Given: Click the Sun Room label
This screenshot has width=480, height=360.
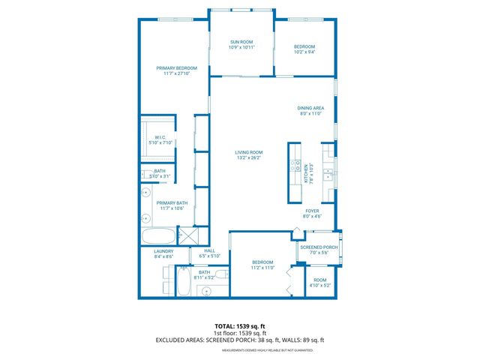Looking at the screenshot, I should click(x=241, y=42).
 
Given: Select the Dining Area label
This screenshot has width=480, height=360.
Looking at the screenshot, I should click(x=310, y=108).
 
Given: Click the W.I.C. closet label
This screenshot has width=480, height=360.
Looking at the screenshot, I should click(x=160, y=137).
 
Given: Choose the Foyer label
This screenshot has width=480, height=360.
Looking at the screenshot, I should click(x=310, y=212).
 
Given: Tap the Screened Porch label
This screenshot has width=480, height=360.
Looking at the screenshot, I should click(x=319, y=247).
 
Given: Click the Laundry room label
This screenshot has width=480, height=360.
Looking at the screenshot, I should click(x=163, y=251).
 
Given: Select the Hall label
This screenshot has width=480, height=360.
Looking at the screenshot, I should click(x=209, y=251).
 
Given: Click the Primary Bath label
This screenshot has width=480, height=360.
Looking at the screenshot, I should click(x=172, y=202).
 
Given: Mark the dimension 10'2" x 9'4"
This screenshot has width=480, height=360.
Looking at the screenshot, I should click(x=304, y=52).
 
